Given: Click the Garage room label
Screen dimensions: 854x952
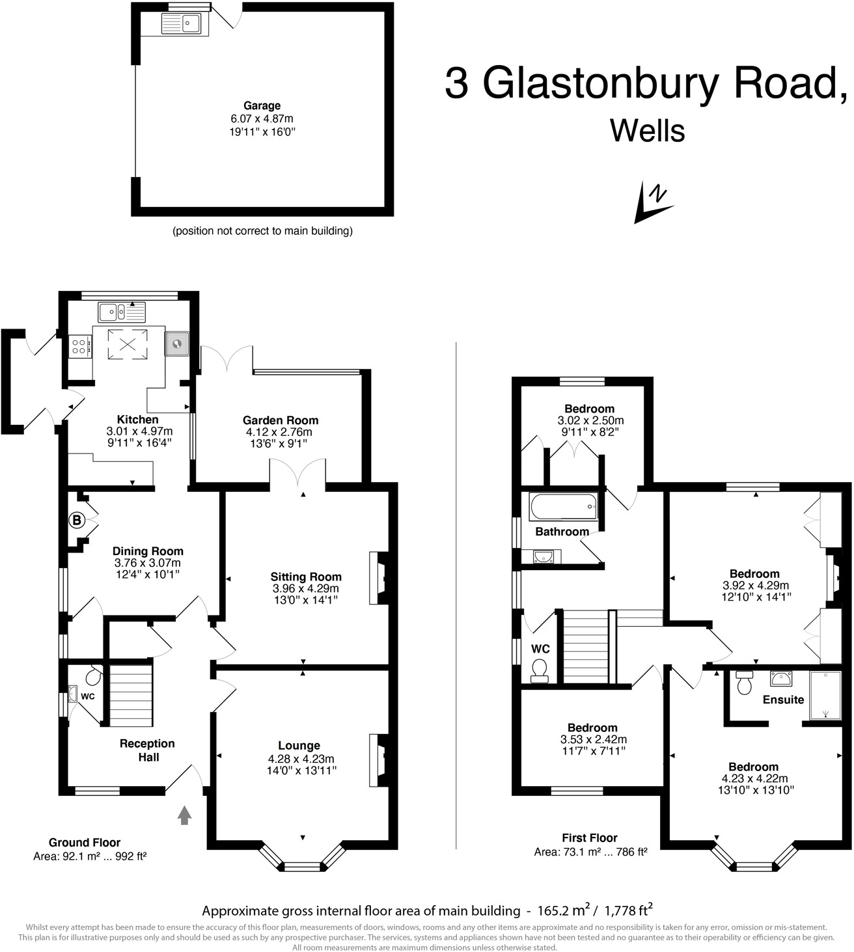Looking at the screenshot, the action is pyautogui.click(x=262, y=105).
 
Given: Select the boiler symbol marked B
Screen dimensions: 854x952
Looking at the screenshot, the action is pyautogui.click(x=77, y=520).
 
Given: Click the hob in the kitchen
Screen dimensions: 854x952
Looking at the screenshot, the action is pyautogui.click(x=80, y=345).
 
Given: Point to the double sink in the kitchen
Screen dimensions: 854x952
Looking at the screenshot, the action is pyautogui.click(x=122, y=313).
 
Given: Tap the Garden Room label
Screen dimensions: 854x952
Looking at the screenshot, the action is pyautogui.click(x=281, y=420).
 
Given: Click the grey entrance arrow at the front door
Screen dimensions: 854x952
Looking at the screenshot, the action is pyautogui.click(x=185, y=815).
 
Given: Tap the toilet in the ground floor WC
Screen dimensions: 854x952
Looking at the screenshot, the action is pyautogui.click(x=93, y=677).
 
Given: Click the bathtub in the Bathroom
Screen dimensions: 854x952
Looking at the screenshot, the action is pyautogui.click(x=563, y=506).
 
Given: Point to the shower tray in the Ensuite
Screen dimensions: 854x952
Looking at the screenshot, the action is pyautogui.click(x=825, y=696).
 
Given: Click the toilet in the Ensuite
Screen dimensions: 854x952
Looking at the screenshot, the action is pyautogui.click(x=744, y=683).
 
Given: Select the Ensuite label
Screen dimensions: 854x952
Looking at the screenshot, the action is pyautogui.click(x=783, y=700).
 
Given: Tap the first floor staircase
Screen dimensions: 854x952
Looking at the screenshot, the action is pyautogui.click(x=585, y=646).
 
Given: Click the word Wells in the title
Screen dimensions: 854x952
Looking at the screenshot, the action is pyautogui.click(x=648, y=131).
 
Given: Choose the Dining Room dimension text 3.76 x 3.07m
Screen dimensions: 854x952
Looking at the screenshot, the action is pyautogui.click(x=148, y=563).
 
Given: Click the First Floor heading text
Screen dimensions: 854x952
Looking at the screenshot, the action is pyautogui.click(x=590, y=837).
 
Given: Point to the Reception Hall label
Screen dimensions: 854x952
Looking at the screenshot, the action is pyautogui.click(x=147, y=750).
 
